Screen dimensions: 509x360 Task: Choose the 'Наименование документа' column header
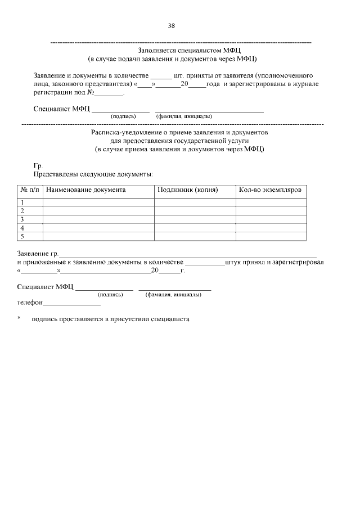coord(86,190)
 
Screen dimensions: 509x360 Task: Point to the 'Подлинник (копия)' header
coord(188,190)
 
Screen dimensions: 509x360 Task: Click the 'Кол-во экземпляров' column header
coord(270,190)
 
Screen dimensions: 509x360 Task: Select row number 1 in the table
coord(23,202)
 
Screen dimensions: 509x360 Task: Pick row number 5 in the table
coord(23,236)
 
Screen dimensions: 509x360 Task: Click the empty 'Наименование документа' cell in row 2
coord(98,211)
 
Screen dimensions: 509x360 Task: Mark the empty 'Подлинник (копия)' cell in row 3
coord(195,219)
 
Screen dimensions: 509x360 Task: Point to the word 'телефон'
coord(30,303)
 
